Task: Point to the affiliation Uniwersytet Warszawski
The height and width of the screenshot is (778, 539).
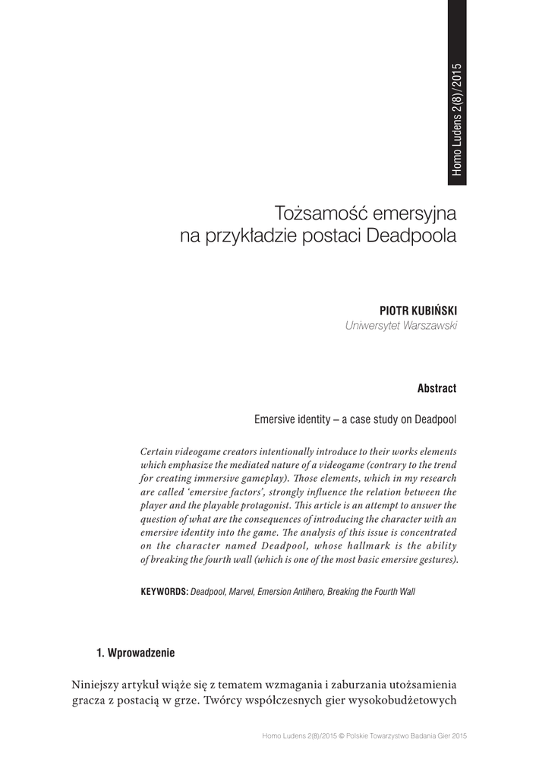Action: (x=401, y=327)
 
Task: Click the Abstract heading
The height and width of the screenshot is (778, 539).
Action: (x=437, y=389)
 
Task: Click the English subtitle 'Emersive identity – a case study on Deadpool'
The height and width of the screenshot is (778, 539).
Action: (x=355, y=419)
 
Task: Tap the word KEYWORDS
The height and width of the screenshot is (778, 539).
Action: (x=164, y=591)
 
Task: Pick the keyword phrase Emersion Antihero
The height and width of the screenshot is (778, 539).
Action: (x=291, y=591)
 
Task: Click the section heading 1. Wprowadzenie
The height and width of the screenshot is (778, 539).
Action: (x=135, y=653)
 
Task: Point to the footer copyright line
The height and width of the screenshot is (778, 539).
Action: (x=363, y=736)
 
